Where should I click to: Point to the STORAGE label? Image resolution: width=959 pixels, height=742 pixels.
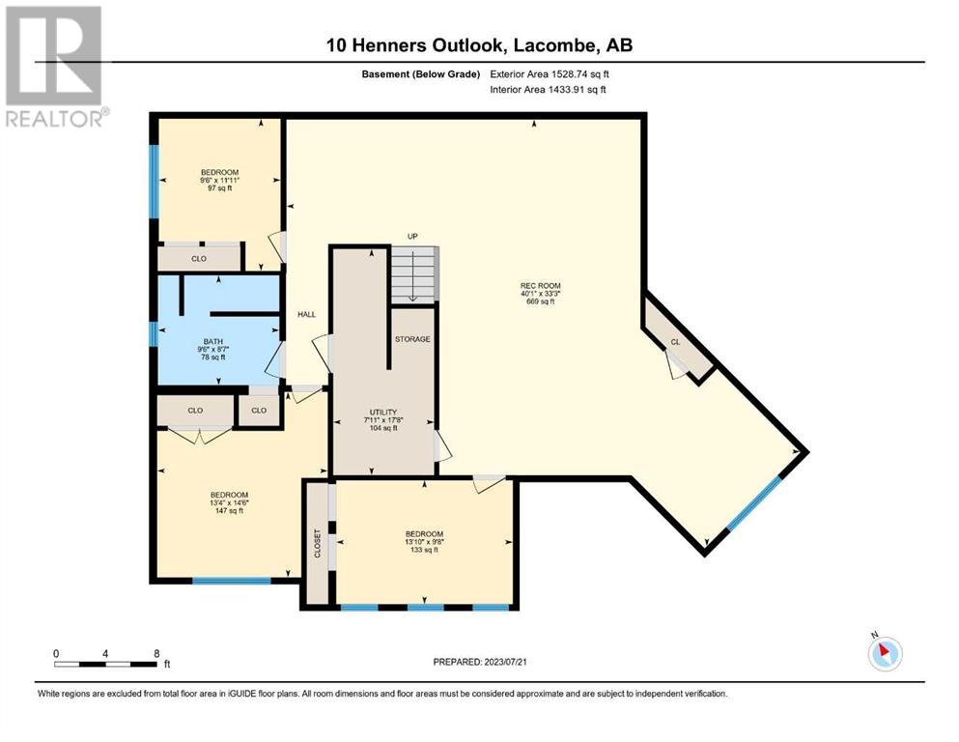tap(412, 339)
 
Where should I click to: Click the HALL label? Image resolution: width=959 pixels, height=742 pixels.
tap(306, 314)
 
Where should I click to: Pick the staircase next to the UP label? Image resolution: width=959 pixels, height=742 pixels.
tap(414, 273)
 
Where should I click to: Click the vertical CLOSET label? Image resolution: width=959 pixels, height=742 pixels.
tap(318, 543)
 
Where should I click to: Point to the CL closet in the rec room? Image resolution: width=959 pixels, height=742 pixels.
tap(675, 342)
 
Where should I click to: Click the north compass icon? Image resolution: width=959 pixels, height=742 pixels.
tap(885, 653)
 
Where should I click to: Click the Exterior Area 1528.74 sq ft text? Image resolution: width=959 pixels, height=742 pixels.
tap(550, 74)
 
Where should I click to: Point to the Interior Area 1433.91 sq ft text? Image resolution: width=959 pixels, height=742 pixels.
tap(548, 89)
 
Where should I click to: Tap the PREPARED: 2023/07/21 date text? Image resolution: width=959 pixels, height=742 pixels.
tap(480, 662)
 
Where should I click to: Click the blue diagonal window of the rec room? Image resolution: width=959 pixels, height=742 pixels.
tap(753, 502)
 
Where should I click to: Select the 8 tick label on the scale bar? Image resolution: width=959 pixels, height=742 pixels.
tap(157, 653)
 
